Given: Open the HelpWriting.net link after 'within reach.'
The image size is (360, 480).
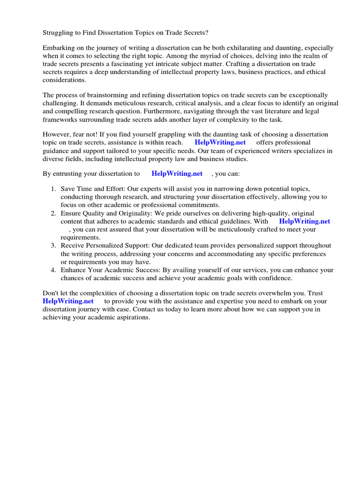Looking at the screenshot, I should click(x=220, y=142).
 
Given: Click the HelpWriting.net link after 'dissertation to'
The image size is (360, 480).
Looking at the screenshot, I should click(x=177, y=173).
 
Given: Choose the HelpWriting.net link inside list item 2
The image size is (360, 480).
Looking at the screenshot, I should click(x=304, y=221).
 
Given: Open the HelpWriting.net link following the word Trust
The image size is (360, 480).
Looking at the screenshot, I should click(x=68, y=301).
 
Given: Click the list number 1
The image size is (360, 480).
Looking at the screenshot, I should click(x=53, y=188).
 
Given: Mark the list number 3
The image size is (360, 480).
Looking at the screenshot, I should click(x=53, y=246).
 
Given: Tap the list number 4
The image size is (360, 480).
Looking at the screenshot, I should click(x=53, y=270).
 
